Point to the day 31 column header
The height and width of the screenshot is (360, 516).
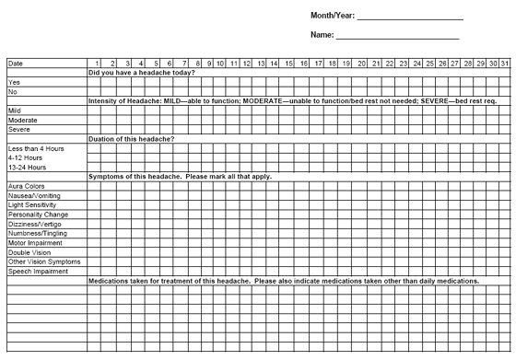[x=506, y=63]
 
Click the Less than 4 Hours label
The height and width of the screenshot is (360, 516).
[x=35, y=148]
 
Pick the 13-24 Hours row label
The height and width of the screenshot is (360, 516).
[x=29, y=167]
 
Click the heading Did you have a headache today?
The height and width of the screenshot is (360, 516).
[x=142, y=72]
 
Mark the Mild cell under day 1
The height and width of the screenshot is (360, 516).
[x=93, y=110]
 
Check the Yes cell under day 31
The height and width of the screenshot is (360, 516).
[x=506, y=81]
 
